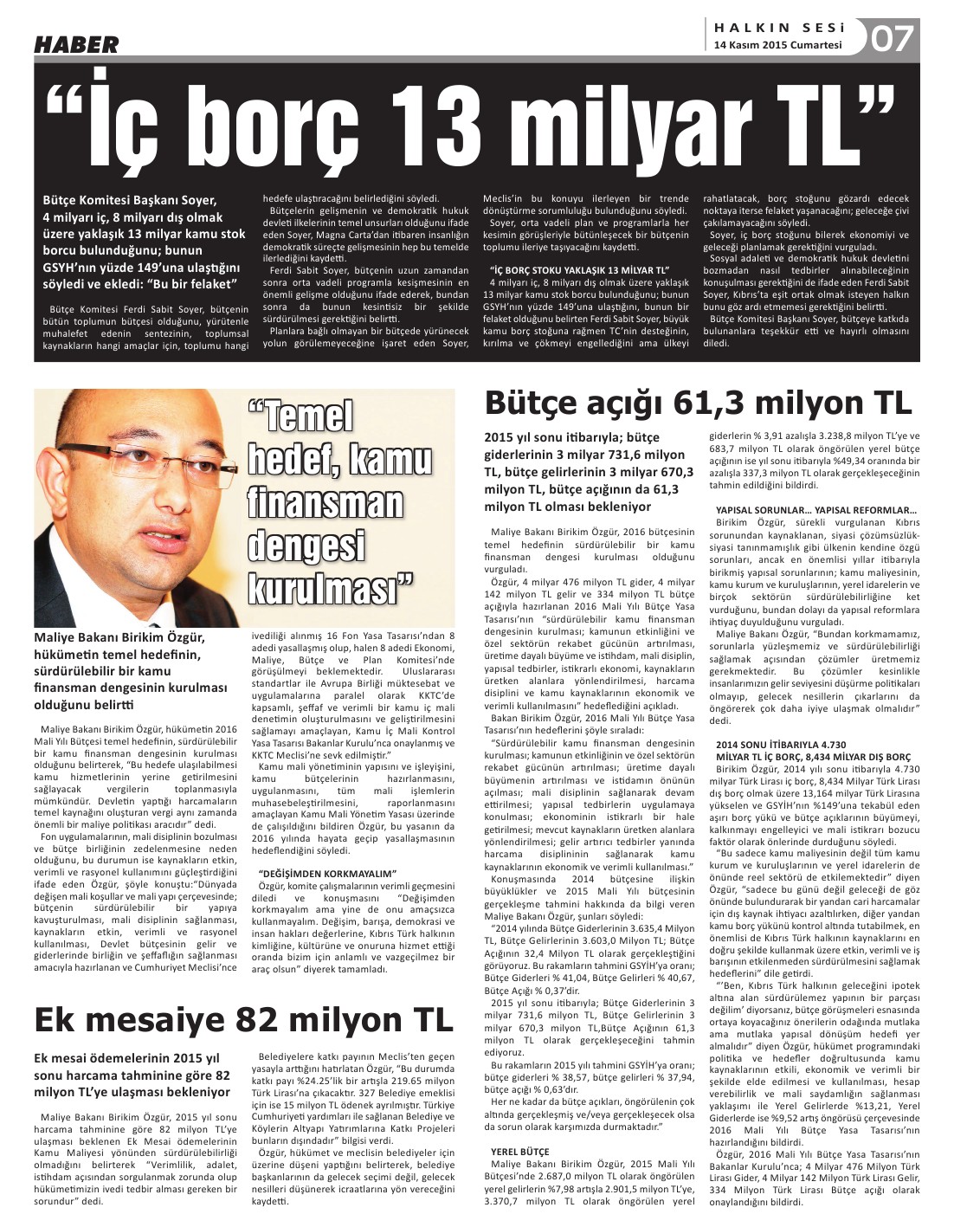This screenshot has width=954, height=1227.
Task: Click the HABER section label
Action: (76, 44)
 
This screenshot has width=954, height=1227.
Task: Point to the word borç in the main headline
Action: (276, 125)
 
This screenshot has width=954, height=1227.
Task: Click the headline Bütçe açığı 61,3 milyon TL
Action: (698, 404)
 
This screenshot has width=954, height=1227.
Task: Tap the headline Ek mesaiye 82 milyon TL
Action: (243, 1018)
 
